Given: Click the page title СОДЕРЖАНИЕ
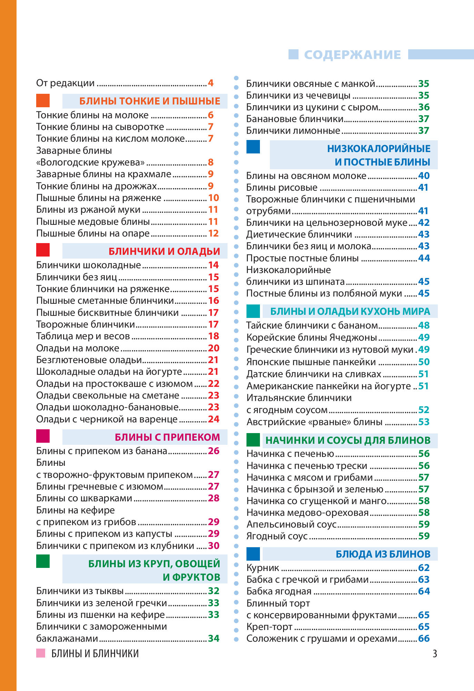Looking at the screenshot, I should click(352, 55).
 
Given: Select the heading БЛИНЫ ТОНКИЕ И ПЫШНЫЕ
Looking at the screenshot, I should click(150, 101).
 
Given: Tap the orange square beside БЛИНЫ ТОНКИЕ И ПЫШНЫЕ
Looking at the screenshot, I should click(43, 100).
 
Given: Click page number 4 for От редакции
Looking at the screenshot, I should click(211, 83).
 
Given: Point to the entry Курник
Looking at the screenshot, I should click(263, 568).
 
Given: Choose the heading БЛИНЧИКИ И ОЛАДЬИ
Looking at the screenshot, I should click(164, 251).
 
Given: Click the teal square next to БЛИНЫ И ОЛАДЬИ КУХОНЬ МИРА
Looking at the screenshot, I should click(253, 311).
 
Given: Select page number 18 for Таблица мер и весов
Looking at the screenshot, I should click(213, 336).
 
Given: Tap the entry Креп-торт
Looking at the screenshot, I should click(269, 627).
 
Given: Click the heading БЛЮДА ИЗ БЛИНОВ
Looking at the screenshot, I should click(383, 554).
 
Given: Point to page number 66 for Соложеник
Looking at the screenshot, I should click(424, 638).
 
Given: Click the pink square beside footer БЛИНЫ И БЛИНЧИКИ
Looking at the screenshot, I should click(41, 653).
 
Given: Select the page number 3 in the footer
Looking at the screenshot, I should click(435, 653).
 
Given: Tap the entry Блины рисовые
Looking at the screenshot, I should click(282, 188).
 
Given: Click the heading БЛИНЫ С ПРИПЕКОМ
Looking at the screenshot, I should click(167, 437).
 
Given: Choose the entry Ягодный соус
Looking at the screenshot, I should click(277, 536).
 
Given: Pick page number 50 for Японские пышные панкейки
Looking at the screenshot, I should click(424, 362).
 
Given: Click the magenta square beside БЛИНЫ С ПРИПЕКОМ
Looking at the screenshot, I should click(43, 436).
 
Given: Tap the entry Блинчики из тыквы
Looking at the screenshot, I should click(80, 591).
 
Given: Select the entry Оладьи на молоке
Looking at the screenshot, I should click(78, 348).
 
